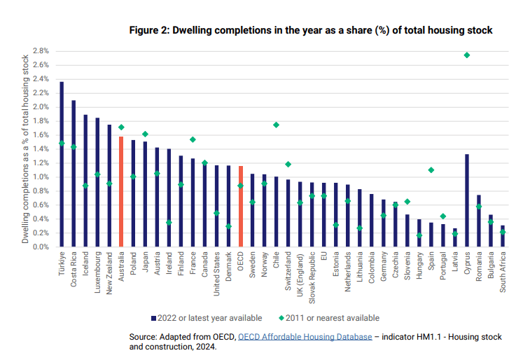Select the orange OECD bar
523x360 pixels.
pos(241,206)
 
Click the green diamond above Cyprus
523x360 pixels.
pos(467,55)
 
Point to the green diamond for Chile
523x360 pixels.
pos(276,125)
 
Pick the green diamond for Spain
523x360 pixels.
pos(431,170)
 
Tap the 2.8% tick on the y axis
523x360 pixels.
pos(39,51)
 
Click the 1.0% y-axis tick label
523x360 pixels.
pos(39,177)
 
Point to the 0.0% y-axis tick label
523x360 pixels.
pos(39,247)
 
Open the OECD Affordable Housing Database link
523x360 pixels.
pos(305,337)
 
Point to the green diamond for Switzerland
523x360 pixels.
pos(288,165)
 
